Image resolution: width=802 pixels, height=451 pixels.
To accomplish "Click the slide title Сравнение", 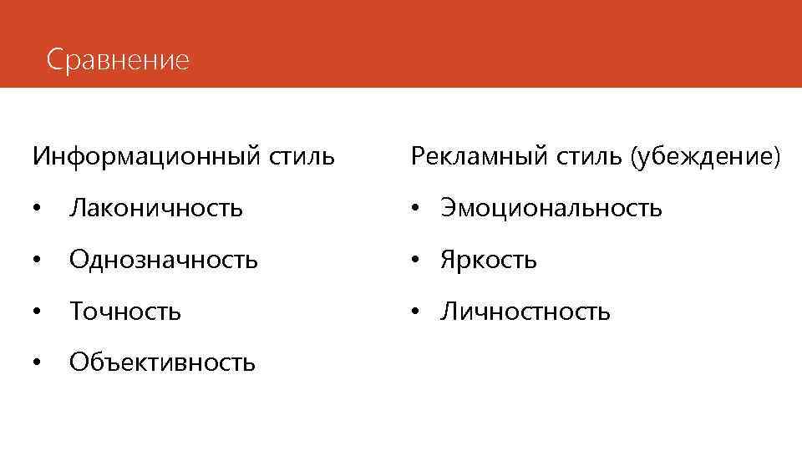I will tap(119, 60).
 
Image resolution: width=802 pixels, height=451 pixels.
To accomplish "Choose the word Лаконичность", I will tap(156, 208).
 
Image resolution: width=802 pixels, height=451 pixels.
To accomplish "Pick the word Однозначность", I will tap(164, 260).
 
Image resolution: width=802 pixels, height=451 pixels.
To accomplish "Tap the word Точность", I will tap(125, 312).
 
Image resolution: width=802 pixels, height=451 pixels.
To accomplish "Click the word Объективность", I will tap(163, 362).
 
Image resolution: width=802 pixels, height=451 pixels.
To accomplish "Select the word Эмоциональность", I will tap(551, 208).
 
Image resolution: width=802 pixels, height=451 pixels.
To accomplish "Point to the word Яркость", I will tap(489, 260).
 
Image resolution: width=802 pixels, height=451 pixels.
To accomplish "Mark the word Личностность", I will tap(525, 312).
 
